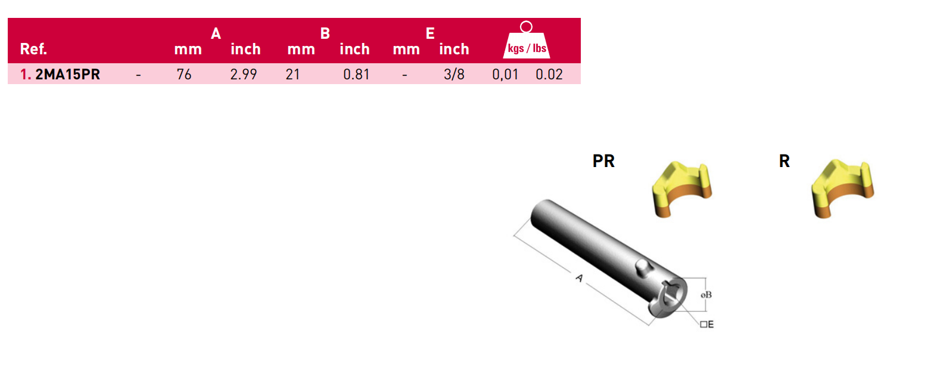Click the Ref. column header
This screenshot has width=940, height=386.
(x=33, y=49)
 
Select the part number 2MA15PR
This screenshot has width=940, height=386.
(x=67, y=75)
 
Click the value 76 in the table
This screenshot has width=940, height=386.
(x=184, y=75)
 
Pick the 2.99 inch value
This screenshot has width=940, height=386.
(x=244, y=75)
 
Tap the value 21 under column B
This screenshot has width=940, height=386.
(x=292, y=75)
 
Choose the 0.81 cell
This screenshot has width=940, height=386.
(x=356, y=75)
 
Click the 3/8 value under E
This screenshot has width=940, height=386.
(x=454, y=75)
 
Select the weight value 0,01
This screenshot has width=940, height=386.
(x=505, y=75)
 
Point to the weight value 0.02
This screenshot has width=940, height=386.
(x=549, y=75)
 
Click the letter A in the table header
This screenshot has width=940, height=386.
(x=216, y=33)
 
